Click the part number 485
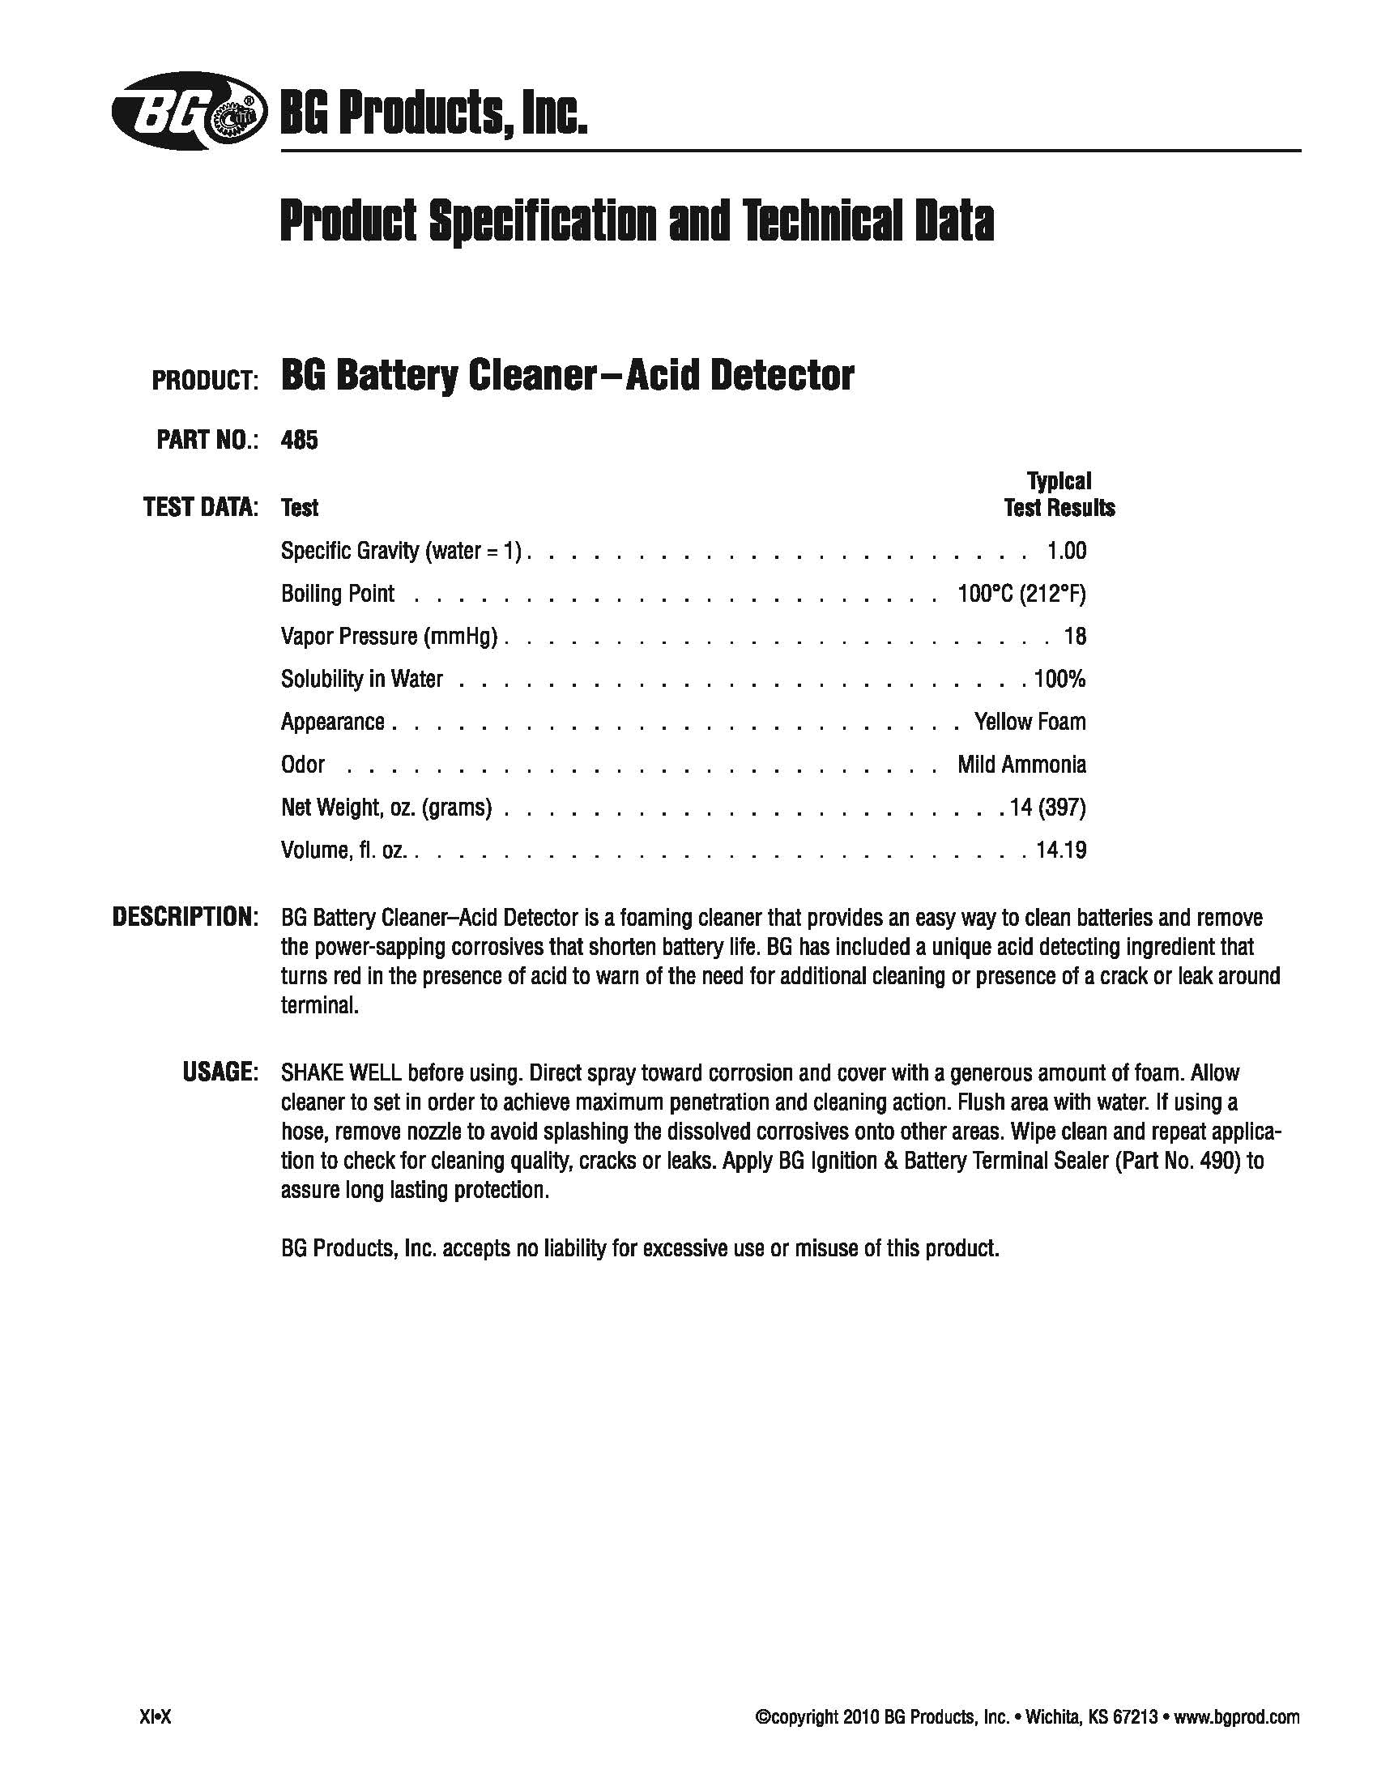coord(299,441)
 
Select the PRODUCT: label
coord(205,380)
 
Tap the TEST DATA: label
coord(201,508)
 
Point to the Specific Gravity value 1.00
coord(1066,551)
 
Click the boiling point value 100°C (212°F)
coord(1021,593)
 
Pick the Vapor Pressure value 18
coord(1075,637)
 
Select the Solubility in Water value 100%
coord(1059,679)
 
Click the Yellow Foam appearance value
coord(1030,722)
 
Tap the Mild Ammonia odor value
coord(1021,765)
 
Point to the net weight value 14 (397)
coord(1047,808)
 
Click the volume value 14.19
coord(1060,850)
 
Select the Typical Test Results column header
coord(1059,494)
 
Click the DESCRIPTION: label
coord(185,916)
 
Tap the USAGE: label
coord(220,1072)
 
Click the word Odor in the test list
coord(303,765)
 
